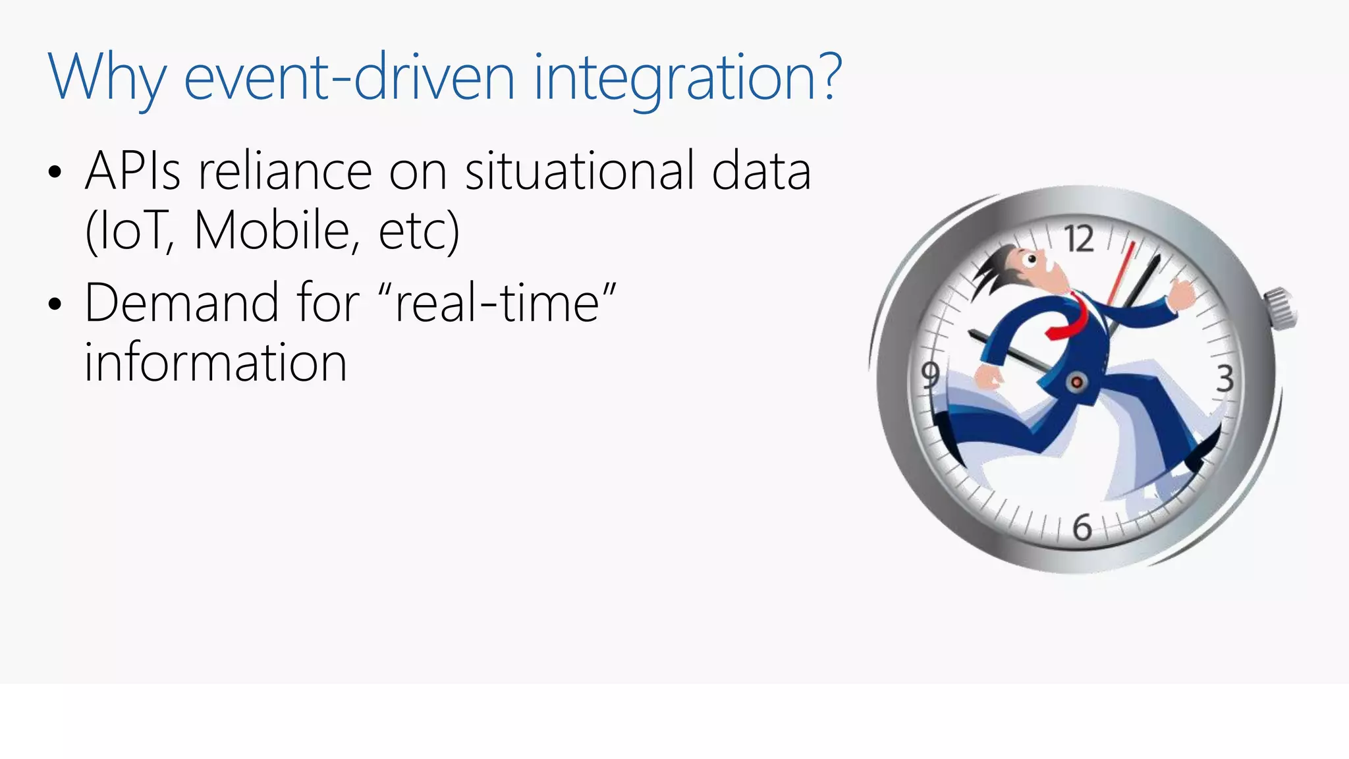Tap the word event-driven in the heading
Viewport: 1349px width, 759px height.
[349, 78]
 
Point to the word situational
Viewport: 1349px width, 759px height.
[580, 171]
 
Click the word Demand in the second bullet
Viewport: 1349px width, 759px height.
[182, 303]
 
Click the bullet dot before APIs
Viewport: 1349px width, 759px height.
[55, 173]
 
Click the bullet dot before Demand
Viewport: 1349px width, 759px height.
[55, 304]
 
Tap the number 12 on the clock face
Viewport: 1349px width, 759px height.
[1080, 239]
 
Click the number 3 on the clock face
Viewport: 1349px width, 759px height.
[1224, 379]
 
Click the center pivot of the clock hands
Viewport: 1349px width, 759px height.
[1077, 382]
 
